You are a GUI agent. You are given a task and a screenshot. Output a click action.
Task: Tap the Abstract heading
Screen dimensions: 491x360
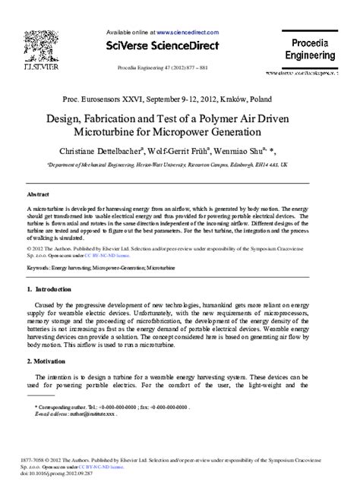coord(39,194)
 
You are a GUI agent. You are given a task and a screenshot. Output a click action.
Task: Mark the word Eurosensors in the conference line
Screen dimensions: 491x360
coord(109,99)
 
